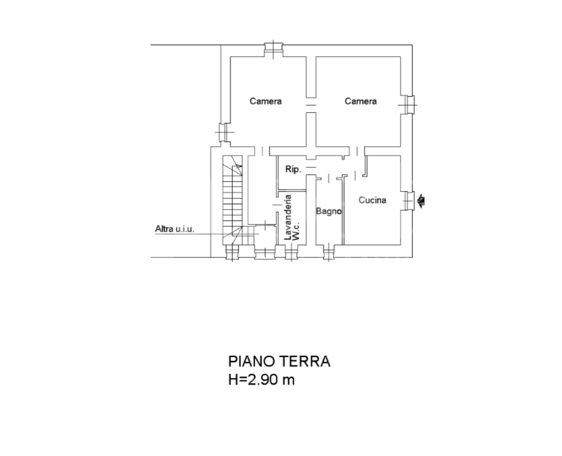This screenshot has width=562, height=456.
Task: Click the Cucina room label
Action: (373, 200)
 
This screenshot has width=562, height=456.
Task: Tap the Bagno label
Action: (329, 211)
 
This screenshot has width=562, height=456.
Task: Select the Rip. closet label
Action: (293, 169)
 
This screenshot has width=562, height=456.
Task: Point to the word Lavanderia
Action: (288, 217)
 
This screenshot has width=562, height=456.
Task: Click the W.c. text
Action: (296, 230)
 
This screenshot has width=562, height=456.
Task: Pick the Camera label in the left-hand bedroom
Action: (266, 101)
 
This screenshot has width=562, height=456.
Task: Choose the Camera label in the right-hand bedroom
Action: (361, 101)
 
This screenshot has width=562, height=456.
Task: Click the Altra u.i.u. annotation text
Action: (174, 229)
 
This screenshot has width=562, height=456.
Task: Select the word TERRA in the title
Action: (305, 362)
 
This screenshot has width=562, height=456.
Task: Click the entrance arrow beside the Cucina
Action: (421, 201)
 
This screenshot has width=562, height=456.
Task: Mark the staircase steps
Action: (232, 201)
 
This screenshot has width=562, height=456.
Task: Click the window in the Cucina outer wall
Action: (408, 201)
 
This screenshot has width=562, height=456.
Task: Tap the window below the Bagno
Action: (329, 252)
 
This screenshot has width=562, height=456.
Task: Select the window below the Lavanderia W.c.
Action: (291, 252)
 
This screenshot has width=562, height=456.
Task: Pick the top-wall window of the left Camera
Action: (273, 50)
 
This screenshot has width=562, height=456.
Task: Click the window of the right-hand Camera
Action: (407, 104)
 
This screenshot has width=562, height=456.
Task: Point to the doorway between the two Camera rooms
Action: (310, 105)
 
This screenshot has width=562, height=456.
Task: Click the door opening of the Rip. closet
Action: (310, 167)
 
